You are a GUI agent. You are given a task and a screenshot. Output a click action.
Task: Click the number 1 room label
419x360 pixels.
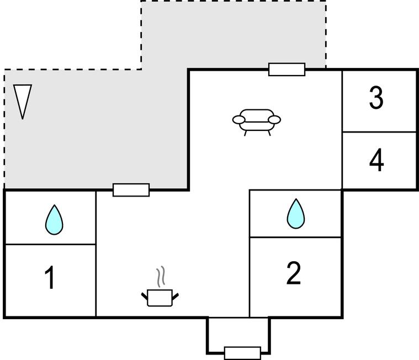(50, 278)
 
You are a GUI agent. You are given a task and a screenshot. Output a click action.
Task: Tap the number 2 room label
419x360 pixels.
(294, 273)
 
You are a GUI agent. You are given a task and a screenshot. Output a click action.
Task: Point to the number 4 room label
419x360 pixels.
(376, 161)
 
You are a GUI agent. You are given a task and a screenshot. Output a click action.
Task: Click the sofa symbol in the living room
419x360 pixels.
(257, 120)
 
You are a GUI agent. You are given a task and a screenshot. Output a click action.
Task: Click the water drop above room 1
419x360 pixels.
(54, 220)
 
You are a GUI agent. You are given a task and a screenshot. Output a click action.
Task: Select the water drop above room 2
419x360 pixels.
(296, 214)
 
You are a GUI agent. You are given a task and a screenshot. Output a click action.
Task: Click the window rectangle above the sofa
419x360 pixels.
(287, 69)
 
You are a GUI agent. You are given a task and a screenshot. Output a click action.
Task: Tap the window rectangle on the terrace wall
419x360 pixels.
(131, 190)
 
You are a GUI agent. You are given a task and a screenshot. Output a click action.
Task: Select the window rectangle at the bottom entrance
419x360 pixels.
(242, 353)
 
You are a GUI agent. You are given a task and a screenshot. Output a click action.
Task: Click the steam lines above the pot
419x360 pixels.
(160, 278)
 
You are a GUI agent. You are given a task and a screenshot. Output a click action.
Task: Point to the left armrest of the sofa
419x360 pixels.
(238, 119)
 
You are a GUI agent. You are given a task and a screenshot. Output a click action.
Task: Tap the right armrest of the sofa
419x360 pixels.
(274, 119)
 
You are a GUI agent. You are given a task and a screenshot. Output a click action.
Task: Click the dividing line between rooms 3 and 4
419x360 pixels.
(379, 132)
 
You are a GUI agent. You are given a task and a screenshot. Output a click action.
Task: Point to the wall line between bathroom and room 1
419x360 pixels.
(50, 244)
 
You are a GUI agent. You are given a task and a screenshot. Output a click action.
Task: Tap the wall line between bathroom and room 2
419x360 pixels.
(296, 237)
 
